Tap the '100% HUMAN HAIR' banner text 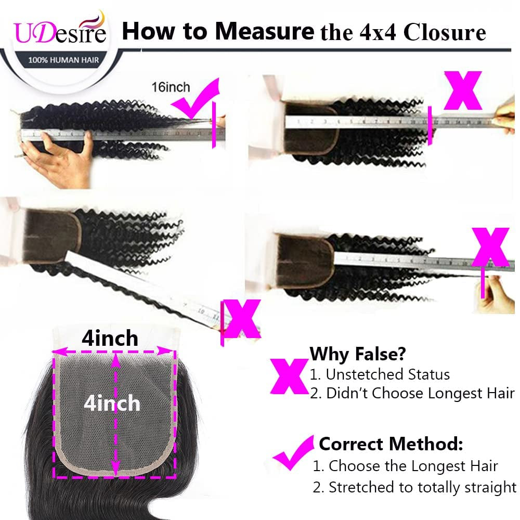61,60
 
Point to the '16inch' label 171,87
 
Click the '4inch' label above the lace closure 110,339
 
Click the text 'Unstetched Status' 380,374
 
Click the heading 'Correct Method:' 391,444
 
